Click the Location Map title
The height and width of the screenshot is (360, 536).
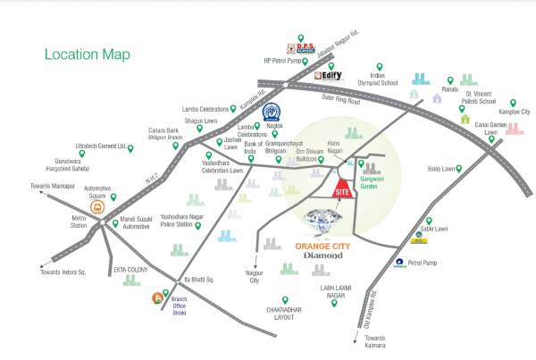click(x=87, y=54)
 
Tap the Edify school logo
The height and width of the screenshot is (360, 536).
click(x=330, y=77)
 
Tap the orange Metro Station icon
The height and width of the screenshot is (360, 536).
click(x=96, y=206)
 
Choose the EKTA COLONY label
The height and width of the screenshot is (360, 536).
click(x=130, y=267)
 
